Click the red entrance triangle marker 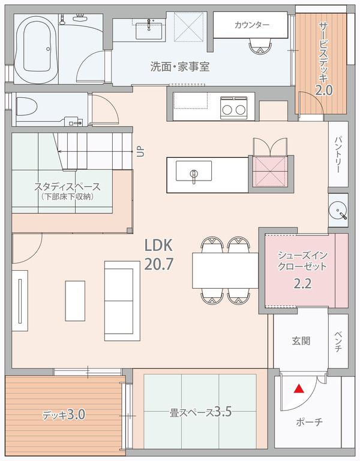click(299, 389)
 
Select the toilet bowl click(26, 106)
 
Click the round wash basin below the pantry click(338, 210)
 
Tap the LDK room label click(158, 245)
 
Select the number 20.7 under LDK click(158, 264)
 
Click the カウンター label click(252, 25)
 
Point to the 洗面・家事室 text click(180, 67)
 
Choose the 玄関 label click(301, 341)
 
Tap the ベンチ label click(338, 341)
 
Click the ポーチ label click(310, 422)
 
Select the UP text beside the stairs click(141, 152)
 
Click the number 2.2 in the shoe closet click(302, 284)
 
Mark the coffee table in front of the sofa click(75, 301)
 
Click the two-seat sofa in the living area click(122, 301)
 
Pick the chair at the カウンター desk click(260, 47)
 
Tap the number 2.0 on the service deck click(324, 90)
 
